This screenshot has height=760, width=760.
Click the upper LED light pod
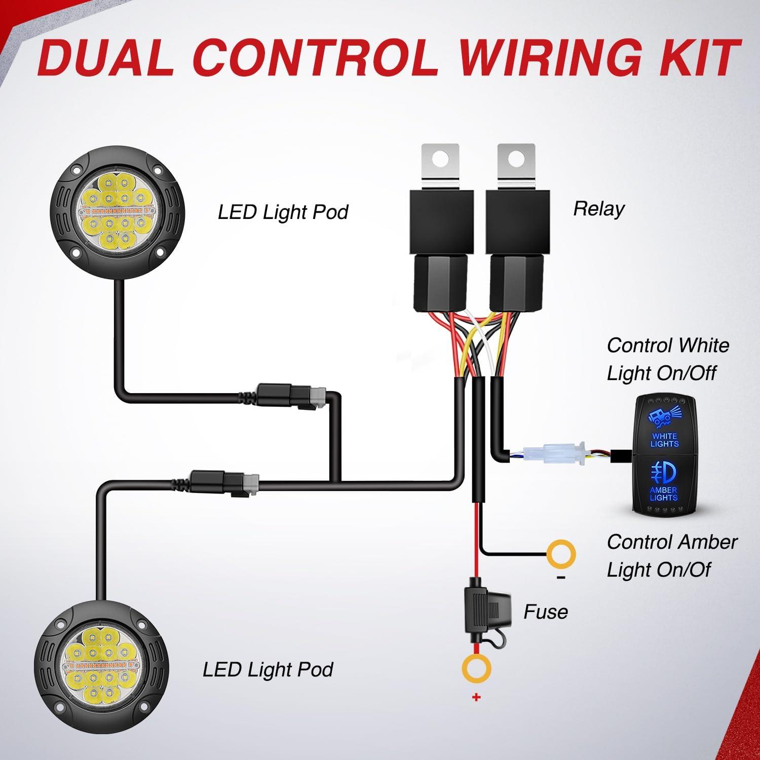click(120, 211)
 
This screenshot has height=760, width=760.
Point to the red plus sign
click(476, 698)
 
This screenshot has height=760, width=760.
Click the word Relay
click(599, 209)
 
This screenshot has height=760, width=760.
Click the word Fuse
click(545, 612)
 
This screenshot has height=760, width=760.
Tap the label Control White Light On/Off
click(668, 359)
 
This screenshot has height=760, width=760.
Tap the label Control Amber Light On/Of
click(671, 556)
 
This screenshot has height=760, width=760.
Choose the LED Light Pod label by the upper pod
click(283, 212)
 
